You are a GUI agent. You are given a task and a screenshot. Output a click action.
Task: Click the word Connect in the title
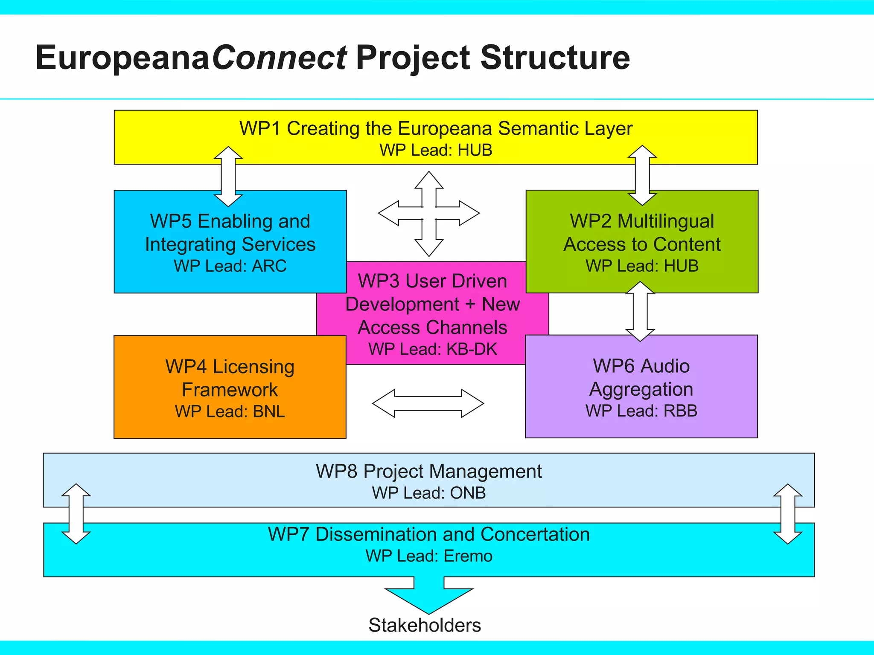[280, 58]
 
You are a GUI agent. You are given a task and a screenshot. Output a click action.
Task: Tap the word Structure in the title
[555, 58]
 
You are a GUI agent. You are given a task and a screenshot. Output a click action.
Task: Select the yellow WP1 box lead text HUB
[475, 151]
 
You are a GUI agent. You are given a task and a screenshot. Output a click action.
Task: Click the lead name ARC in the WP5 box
[269, 266]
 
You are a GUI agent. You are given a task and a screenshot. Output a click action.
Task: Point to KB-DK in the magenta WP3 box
[472, 349]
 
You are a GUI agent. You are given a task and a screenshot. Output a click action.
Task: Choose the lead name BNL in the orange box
[268, 412]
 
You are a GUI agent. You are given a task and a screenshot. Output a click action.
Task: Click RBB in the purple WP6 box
[680, 411]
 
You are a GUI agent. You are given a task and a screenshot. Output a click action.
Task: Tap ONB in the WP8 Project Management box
[468, 493]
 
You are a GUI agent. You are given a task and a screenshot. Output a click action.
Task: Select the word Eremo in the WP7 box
[468, 556]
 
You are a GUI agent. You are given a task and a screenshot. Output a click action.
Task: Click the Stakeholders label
[425, 625]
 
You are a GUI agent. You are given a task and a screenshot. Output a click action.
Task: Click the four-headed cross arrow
[429, 214]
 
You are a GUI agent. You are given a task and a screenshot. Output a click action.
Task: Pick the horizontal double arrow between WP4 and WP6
[428, 403]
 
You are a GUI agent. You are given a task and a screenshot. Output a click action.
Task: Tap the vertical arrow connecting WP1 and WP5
[228, 177]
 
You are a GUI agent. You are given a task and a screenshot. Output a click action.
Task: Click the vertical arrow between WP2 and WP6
[640, 311]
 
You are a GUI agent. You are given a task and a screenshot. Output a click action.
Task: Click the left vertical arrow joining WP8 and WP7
[76, 514]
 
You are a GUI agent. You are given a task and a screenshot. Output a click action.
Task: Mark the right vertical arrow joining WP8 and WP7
[788, 514]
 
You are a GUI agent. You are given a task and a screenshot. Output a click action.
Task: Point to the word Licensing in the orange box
[253, 367]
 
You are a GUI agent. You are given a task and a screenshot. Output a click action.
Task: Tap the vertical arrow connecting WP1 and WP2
[642, 175]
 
